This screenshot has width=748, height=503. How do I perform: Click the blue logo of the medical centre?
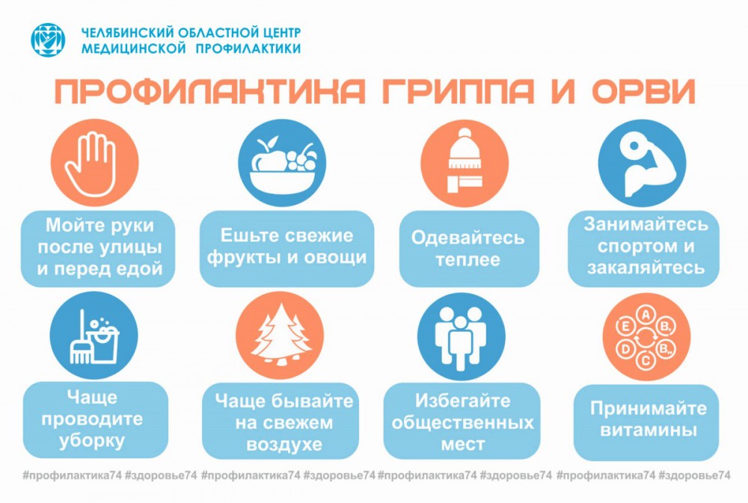tap(48, 40)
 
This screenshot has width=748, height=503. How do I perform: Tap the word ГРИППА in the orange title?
tap(458, 90)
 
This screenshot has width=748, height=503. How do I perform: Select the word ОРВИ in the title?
tap(644, 90)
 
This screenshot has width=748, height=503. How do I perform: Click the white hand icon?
tap(91, 164)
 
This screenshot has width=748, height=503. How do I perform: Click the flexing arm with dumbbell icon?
tap(642, 163)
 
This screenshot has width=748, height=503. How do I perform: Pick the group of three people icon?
tap(460, 338)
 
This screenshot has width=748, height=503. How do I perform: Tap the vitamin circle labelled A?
tap(646, 315)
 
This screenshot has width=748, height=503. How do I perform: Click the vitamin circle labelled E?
tap(625, 327)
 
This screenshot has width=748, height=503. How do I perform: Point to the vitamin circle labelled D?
tap(625, 349)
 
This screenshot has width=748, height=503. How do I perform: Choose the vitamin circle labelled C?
tap(646, 360)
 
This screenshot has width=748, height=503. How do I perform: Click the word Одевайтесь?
tap(467, 238)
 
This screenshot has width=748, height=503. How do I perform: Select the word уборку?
tap(91, 441)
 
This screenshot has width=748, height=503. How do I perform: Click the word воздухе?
tap(284, 445)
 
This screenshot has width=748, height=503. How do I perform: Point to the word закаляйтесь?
tap(646, 268)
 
